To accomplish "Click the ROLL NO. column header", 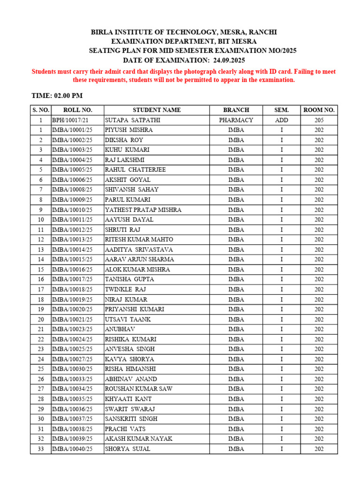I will pos(78,110).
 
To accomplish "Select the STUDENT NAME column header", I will pos(156,110).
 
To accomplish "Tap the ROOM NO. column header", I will pos(319,110).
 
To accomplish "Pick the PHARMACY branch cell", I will pos(236,120).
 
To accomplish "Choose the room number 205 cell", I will pos(319,120).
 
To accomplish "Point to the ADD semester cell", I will pos(281,120).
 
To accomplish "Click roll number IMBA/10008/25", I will pos(73,190).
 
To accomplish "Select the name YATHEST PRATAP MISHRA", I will pos(143,210).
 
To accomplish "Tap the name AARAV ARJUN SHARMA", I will pos(139,259).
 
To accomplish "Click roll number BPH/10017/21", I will pos(70,120).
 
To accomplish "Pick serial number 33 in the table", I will pos(41,449).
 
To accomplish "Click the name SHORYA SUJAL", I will pos(127,449).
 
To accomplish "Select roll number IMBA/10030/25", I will pos(73,369).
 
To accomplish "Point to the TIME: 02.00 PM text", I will pos(57,96).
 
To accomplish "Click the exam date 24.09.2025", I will pos(229,60).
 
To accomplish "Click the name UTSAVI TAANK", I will pos(124,319).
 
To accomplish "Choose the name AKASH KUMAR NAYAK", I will pos(139,439).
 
